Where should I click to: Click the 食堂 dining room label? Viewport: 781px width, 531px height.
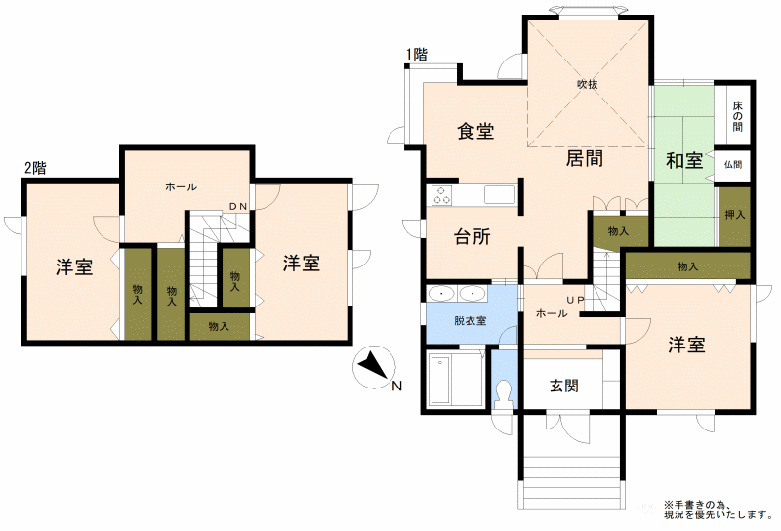[475, 131]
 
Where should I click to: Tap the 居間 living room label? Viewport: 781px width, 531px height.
[585, 158]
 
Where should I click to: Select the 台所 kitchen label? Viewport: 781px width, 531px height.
[473, 236]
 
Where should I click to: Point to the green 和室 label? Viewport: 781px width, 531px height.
[684, 160]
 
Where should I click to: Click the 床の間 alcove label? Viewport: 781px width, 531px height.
[738, 116]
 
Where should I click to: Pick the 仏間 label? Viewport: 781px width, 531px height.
[733, 164]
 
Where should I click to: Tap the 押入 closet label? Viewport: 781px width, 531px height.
[735, 215]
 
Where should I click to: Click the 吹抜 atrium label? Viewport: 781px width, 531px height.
[588, 85]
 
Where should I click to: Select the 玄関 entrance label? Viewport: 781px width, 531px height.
[564, 386]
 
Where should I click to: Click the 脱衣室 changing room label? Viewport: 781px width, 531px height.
[471, 321]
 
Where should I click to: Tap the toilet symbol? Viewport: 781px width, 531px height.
[505, 393]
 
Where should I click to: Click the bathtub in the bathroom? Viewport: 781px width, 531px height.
[441, 381]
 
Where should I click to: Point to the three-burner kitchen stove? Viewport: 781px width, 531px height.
[441, 194]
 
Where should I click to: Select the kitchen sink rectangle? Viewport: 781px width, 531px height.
[500, 195]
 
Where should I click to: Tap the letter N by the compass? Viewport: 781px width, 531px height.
[397, 386]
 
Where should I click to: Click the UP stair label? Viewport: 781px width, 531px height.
[575, 300]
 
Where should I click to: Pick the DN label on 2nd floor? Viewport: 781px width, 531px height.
[238, 206]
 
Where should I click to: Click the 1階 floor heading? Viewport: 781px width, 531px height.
[417, 54]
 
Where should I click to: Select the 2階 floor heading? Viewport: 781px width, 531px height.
[35, 168]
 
